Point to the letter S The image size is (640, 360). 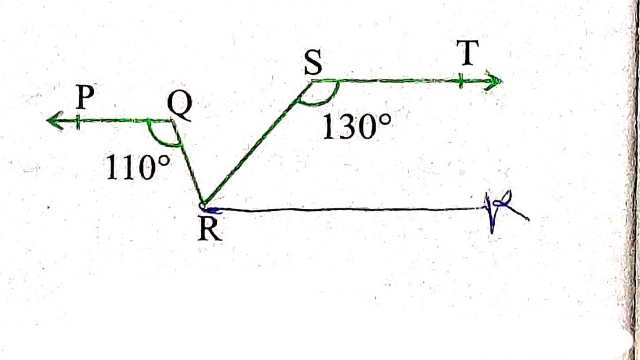(313, 62)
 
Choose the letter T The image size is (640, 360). (466, 55)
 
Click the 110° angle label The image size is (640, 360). (138, 167)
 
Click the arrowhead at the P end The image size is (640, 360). (54, 121)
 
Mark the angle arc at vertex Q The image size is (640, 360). (157, 134)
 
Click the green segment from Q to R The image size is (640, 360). (188, 160)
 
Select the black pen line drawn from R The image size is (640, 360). (350, 210)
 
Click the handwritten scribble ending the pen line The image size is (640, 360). (500, 211)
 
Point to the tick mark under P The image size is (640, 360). (85, 121)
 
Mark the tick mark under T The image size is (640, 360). (462, 80)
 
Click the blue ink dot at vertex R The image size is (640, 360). (205, 206)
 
